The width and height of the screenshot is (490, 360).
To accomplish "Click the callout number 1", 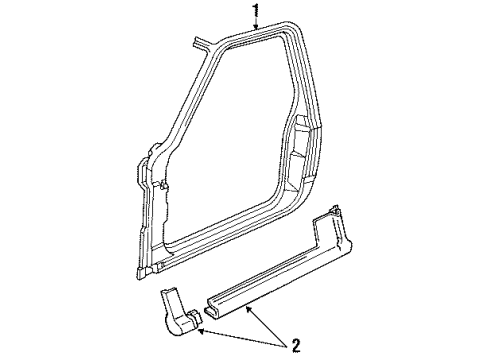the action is (256, 12).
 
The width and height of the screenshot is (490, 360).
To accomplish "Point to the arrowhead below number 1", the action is (256, 31).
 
